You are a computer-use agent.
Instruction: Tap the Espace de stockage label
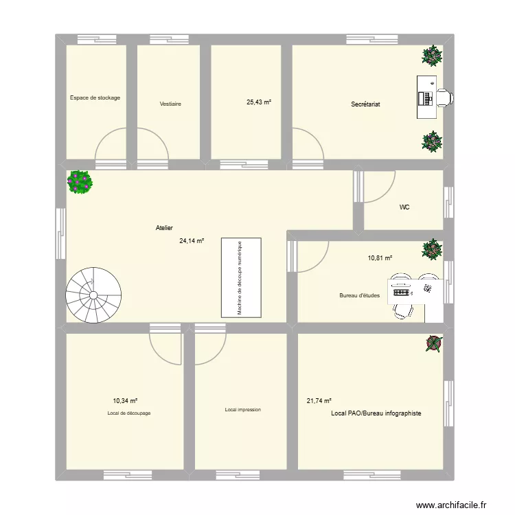click(x=95, y=98)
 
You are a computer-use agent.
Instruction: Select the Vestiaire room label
click(x=170, y=104)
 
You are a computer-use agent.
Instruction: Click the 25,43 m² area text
click(x=259, y=102)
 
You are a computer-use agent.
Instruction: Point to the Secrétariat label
click(x=365, y=104)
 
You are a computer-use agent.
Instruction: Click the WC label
click(x=404, y=207)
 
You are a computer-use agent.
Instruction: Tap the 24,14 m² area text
click(x=192, y=241)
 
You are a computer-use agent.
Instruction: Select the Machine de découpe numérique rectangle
click(x=241, y=277)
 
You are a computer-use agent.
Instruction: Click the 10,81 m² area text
click(x=380, y=258)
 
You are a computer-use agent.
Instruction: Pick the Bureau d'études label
click(x=359, y=296)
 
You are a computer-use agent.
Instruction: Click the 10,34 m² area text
click(x=126, y=400)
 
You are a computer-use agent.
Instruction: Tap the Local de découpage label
click(x=129, y=413)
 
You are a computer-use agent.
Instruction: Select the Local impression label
click(x=242, y=410)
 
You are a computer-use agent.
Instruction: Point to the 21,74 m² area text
click(x=319, y=400)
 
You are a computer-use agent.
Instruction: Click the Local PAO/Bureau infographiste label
click(x=376, y=413)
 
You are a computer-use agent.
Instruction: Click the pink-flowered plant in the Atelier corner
click(x=80, y=182)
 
